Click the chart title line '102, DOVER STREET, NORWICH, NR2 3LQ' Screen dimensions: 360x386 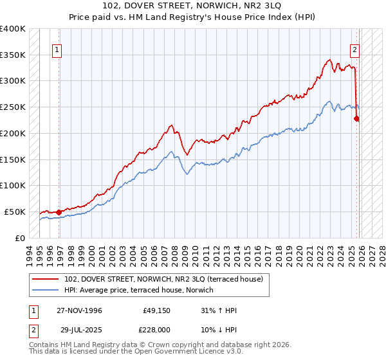[192, 6]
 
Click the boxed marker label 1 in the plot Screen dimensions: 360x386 [57, 49]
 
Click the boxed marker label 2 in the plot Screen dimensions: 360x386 [354, 49]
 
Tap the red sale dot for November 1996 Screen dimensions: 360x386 [59, 212]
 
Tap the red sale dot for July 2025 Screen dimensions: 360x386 [357, 118]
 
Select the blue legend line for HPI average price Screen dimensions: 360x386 [46, 290]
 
